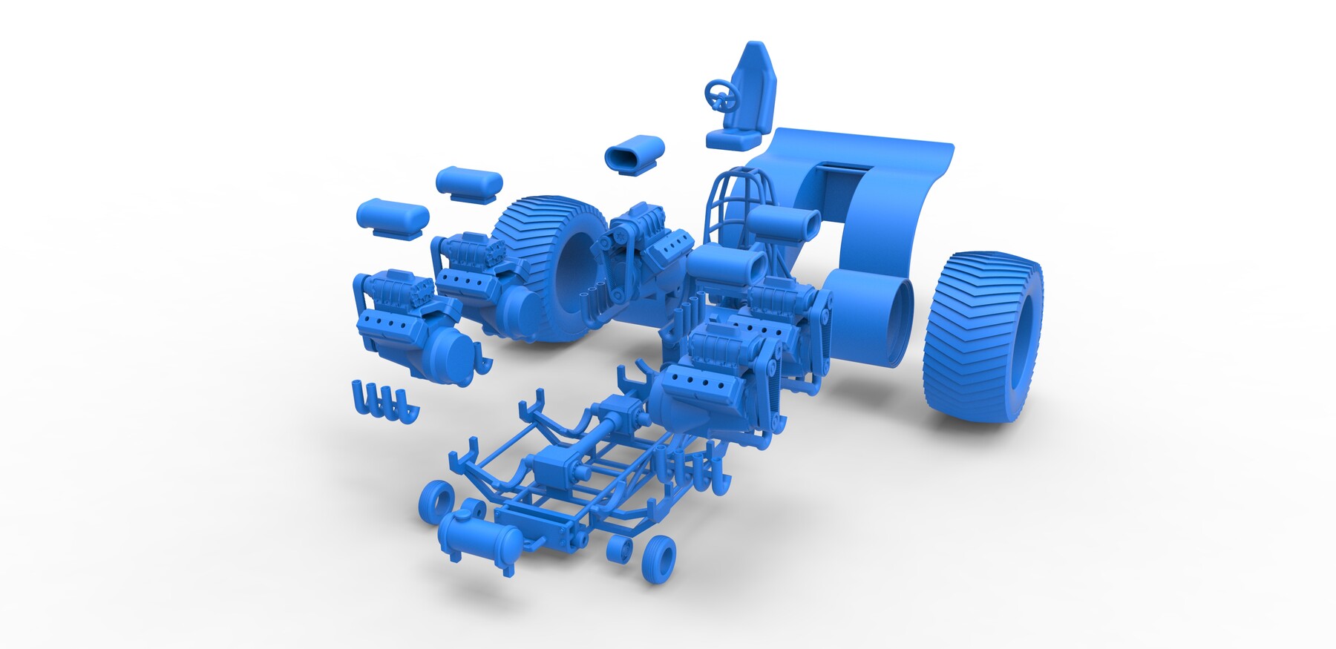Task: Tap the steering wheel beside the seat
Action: tap(718, 96)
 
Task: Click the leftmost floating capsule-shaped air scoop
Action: tap(392, 216)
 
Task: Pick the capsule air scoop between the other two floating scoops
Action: tap(468, 182)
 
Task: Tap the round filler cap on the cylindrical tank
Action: tap(472, 510)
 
